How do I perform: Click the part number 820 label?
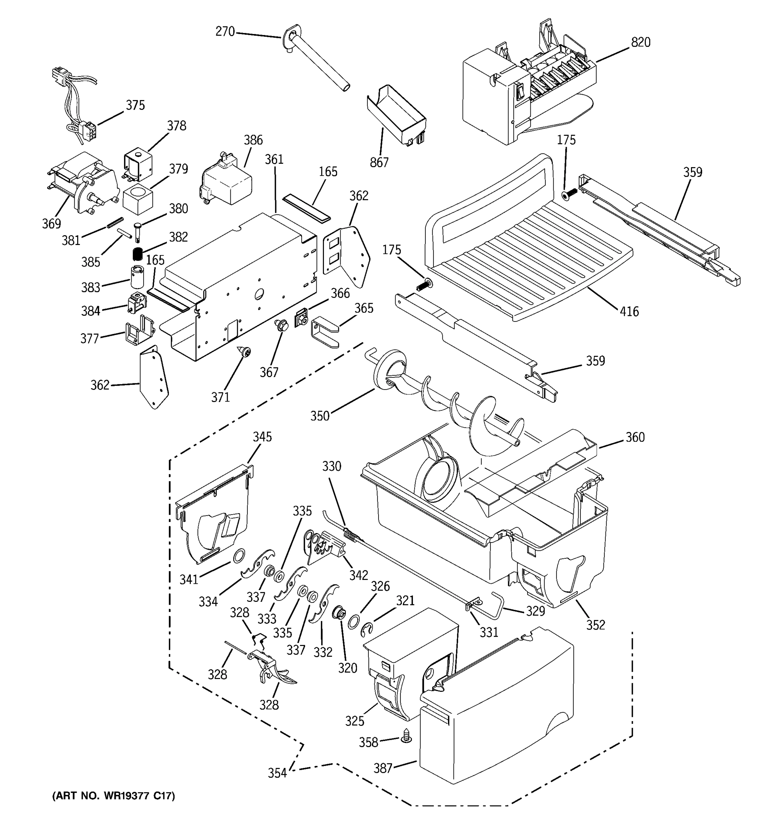click(x=640, y=42)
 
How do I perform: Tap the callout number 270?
click(x=225, y=32)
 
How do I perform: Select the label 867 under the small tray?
click(x=379, y=162)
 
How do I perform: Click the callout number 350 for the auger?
click(x=320, y=416)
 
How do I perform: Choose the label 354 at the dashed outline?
click(x=277, y=773)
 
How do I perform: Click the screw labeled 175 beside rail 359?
click(x=569, y=194)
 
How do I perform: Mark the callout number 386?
click(x=253, y=140)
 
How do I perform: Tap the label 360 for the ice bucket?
click(x=634, y=437)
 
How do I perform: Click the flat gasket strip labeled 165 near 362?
click(x=307, y=207)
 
